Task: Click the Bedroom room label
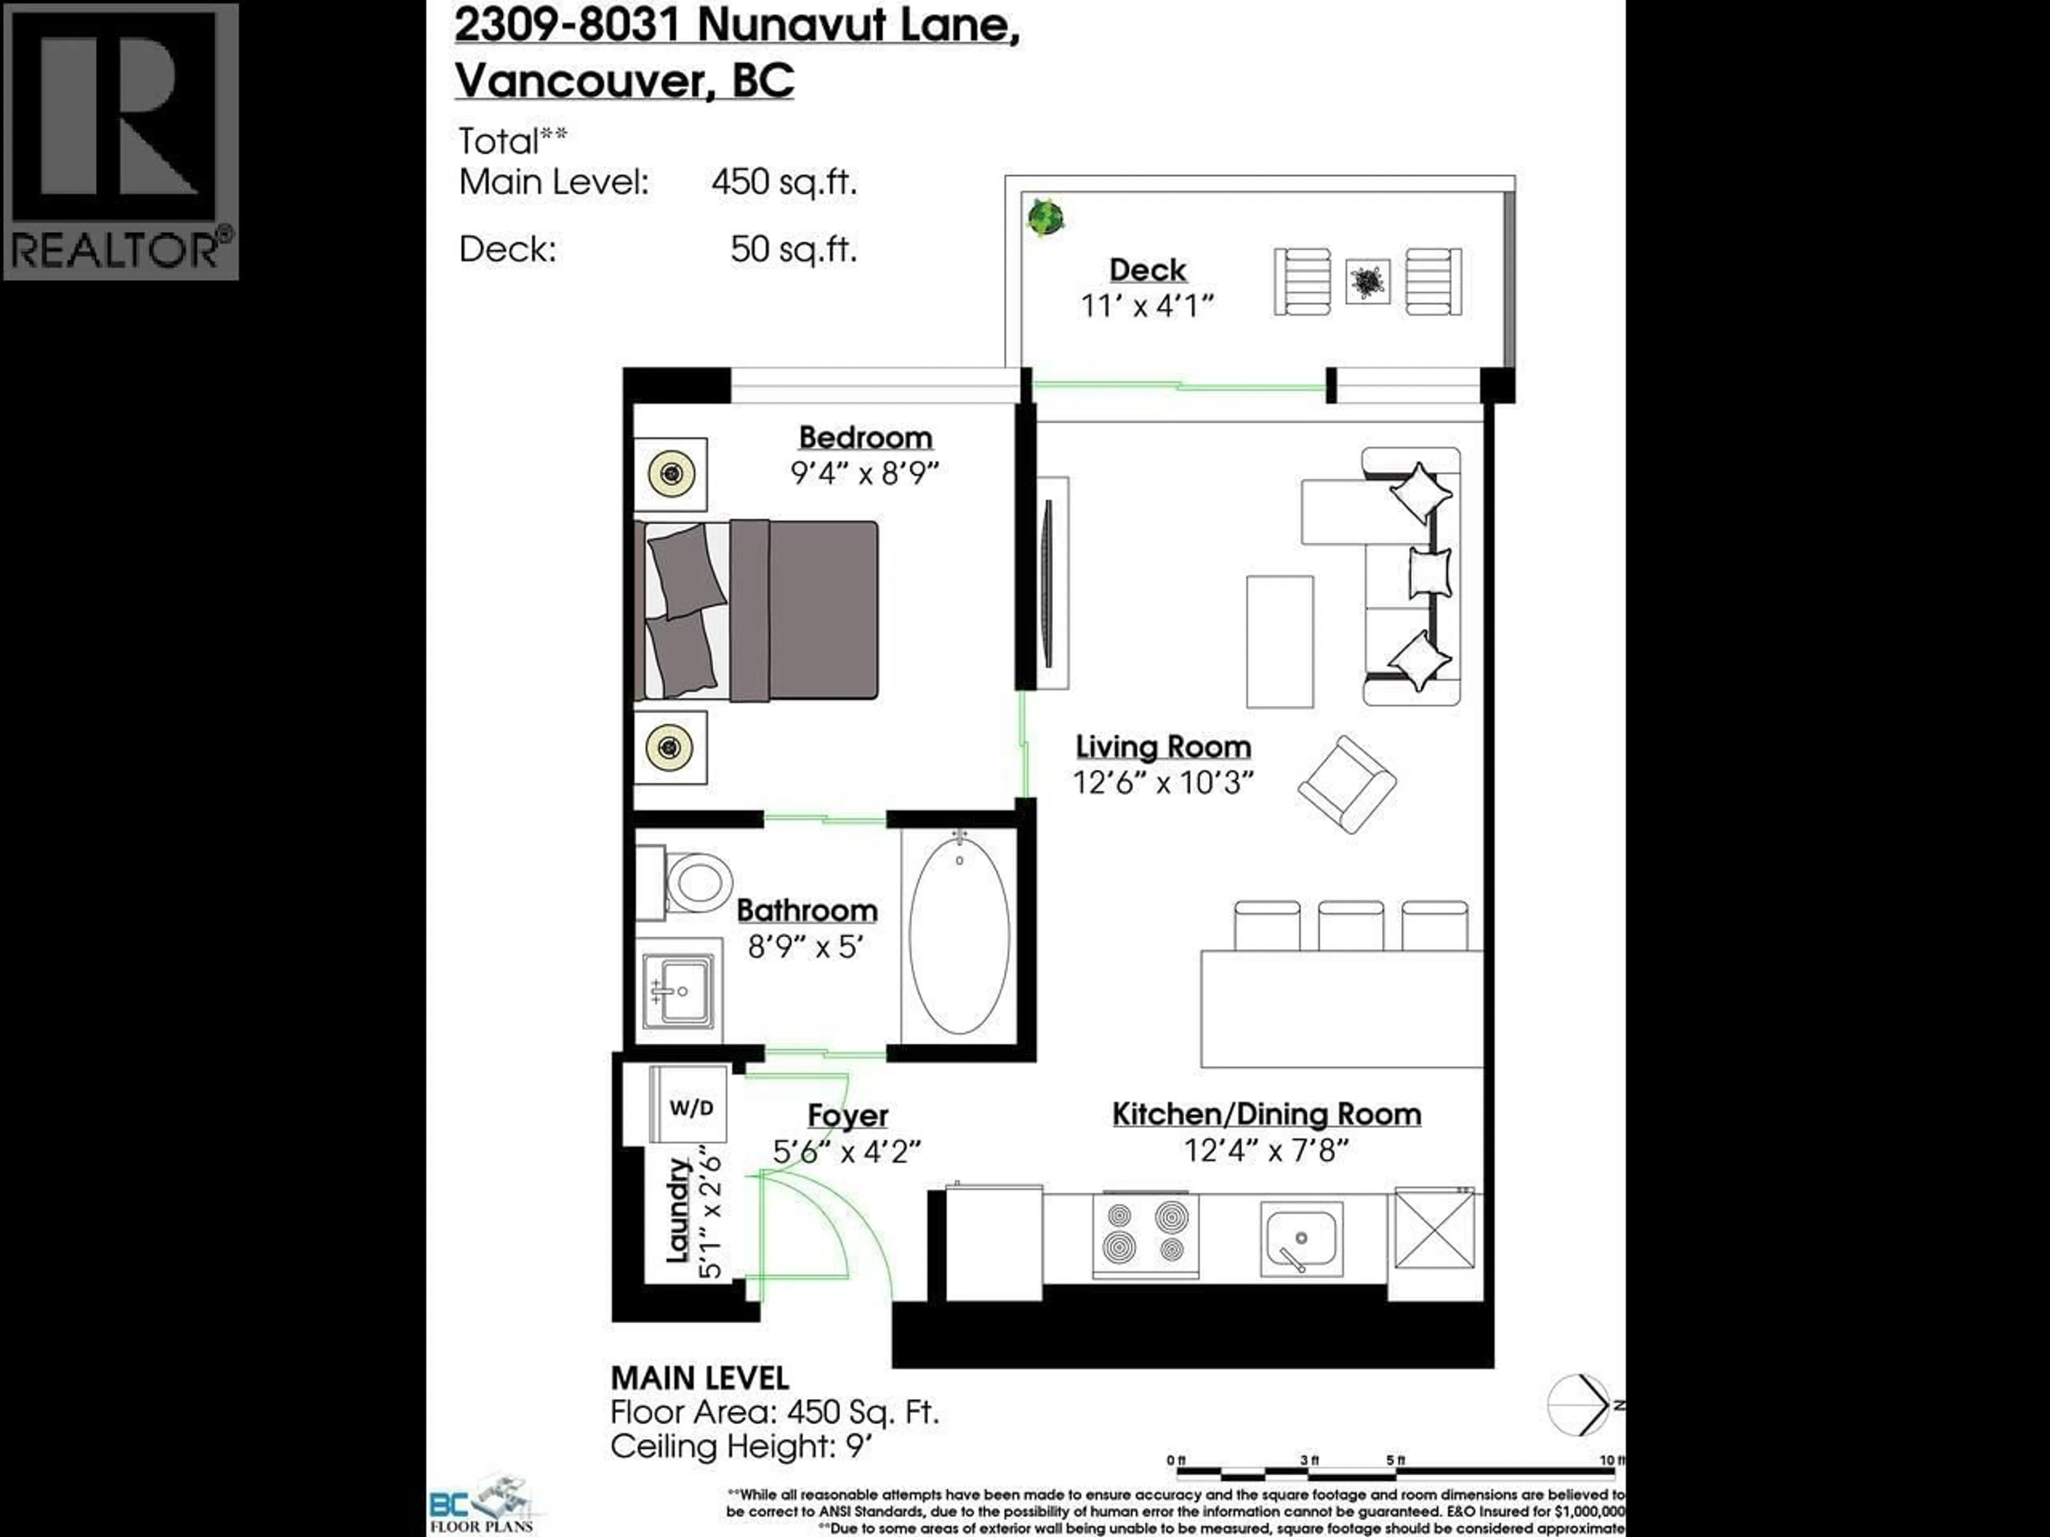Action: click(865, 437)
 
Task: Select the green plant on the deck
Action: click(1045, 219)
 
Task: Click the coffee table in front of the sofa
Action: click(1279, 641)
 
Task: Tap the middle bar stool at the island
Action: click(1350, 925)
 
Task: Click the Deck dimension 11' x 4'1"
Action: click(1147, 306)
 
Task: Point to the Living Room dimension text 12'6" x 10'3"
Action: click(1163, 783)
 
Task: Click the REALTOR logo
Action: click(121, 141)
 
